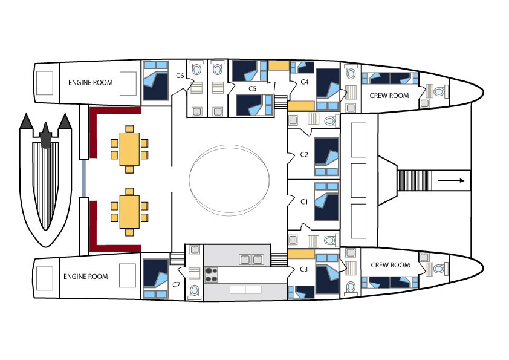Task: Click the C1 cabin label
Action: point(304,201)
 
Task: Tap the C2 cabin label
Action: point(304,155)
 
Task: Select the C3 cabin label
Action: point(303,269)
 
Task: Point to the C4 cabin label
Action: point(304,82)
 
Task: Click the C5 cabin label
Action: point(252,88)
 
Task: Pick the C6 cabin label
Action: point(180,76)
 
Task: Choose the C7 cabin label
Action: point(176,284)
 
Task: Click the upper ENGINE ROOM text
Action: point(90,82)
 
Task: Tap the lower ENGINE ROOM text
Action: point(85,277)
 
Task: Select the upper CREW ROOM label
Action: point(389,96)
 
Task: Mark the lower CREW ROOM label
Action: point(390,265)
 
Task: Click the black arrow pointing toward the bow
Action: point(451,181)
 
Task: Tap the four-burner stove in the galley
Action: point(211,275)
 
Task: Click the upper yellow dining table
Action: point(129,149)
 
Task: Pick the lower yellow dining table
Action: point(129,212)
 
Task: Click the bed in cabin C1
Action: point(326,201)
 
